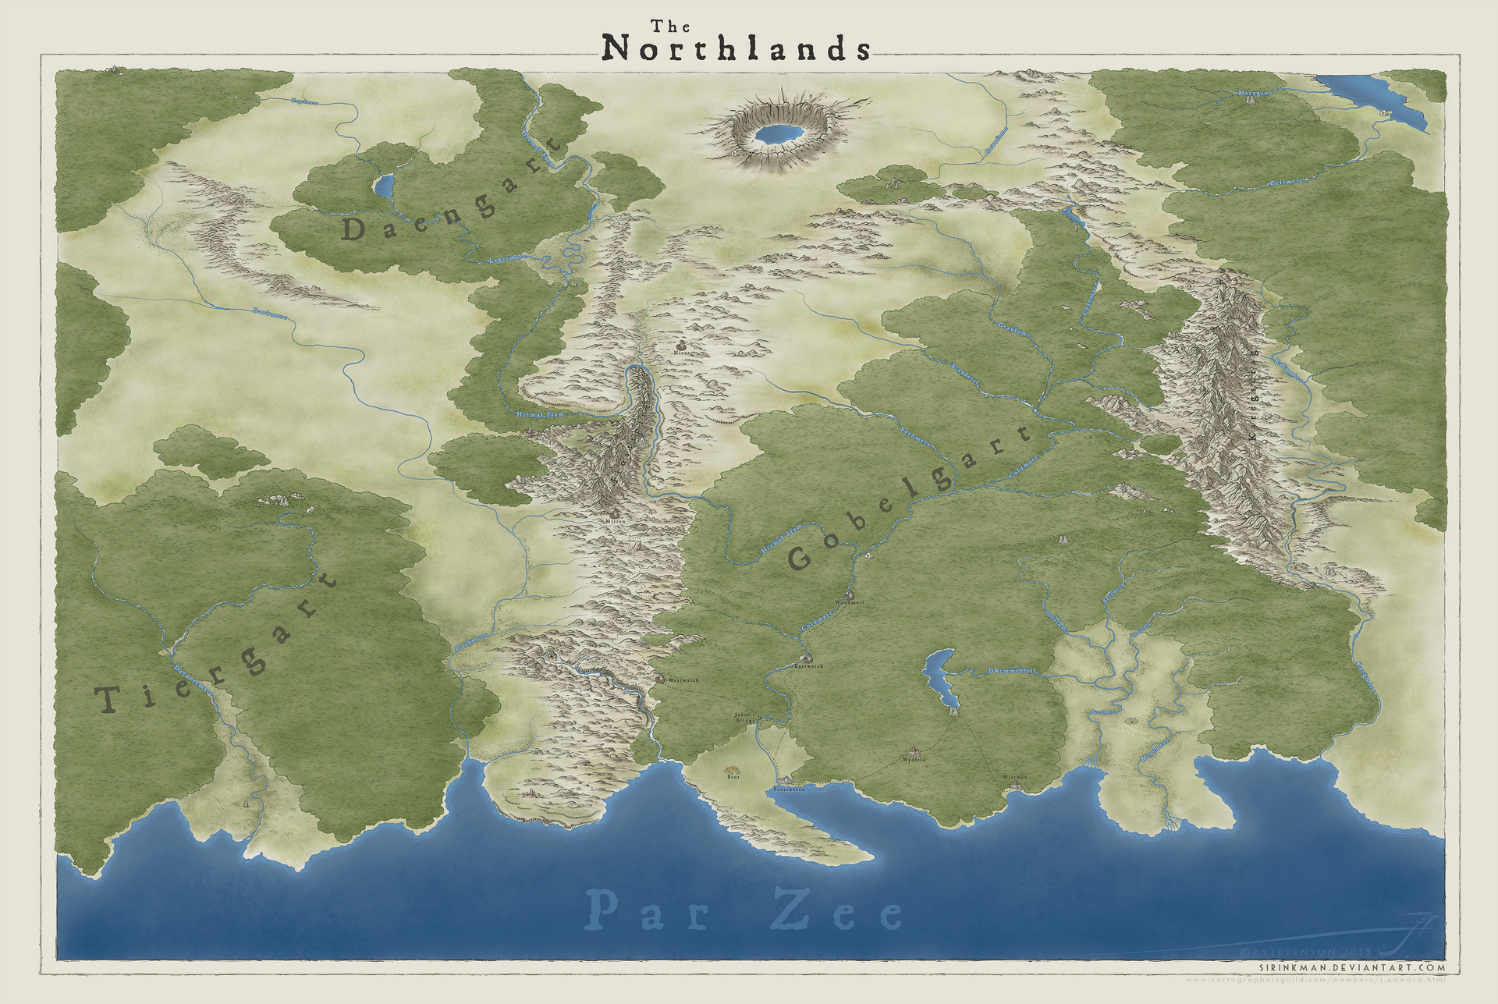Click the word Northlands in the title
(737, 49)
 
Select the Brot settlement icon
(733, 768)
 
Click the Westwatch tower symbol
(660, 679)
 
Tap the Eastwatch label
(808, 666)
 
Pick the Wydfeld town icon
(914, 750)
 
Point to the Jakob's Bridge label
(745, 717)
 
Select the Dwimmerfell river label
(1011, 671)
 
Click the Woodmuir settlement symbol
(850, 595)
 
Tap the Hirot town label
(682, 353)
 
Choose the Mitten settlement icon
(616, 513)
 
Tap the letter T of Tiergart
(107, 700)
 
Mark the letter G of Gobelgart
(801, 559)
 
